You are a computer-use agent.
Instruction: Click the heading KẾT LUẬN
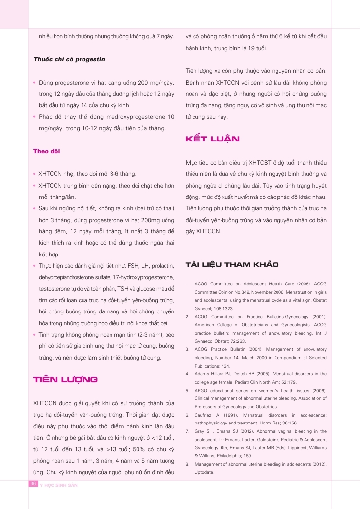click(212, 139)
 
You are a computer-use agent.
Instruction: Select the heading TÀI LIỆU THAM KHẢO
click(231, 265)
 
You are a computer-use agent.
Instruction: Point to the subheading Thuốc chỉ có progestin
click(69, 59)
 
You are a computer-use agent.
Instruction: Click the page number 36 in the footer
click(34, 484)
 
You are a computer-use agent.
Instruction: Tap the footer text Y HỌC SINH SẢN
click(59, 485)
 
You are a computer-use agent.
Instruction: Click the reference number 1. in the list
click(188, 284)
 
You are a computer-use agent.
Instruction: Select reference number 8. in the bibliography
click(188, 464)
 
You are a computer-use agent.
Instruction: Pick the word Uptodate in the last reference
click(205, 472)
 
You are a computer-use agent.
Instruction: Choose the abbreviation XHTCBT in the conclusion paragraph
click(264, 163)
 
